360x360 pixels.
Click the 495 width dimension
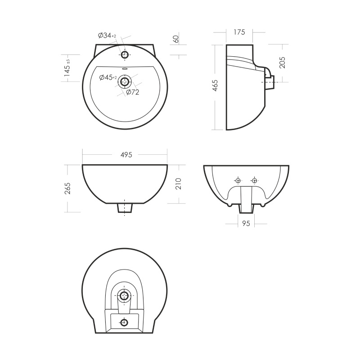pos(126,155)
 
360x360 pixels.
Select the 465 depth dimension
pos(215,85)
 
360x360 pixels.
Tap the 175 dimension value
pos(239,32)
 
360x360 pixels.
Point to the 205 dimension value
pos(282,63)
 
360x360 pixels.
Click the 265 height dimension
pos(67,189)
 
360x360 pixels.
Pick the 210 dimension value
pos(178,184)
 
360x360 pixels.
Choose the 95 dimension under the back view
pos(246,223)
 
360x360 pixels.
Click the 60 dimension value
pos(176,39)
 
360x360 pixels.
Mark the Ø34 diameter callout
pos(107,36)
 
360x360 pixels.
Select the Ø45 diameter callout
pos(108,77)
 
